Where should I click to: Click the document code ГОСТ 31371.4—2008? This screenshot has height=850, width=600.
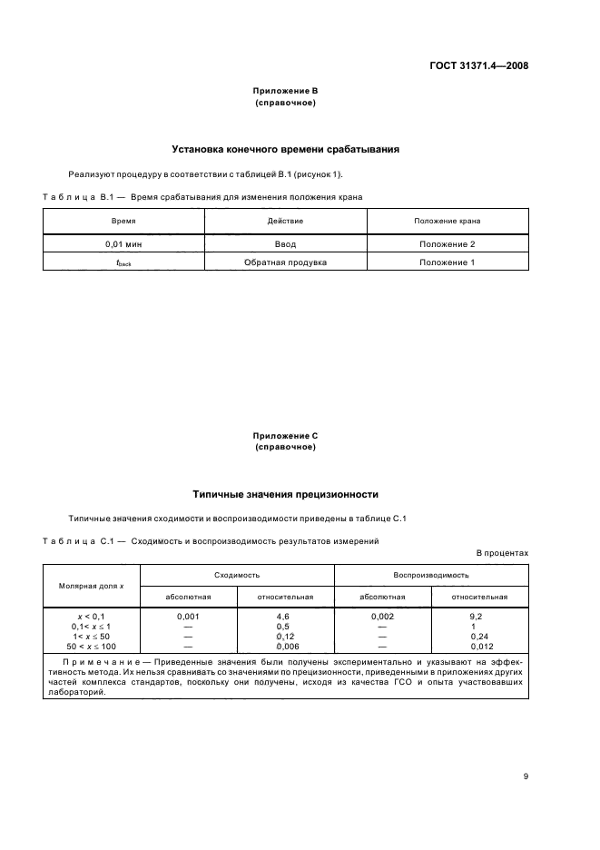(480, 65)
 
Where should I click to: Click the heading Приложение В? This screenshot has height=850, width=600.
(285, 92)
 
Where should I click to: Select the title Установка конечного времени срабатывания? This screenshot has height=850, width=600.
(286, 149)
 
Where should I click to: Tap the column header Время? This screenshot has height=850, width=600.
(123, 221)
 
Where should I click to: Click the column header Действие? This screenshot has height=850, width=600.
(285, 221)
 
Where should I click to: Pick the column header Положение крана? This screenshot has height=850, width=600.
(447, 221)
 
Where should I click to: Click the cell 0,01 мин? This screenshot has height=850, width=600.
(123, 244)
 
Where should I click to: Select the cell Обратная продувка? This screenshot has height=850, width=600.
(285, 262)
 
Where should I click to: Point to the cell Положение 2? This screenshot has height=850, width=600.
(447, 244)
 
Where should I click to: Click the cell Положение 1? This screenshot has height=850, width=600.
(447, 262)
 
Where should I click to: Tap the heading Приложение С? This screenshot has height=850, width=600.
(285, 436)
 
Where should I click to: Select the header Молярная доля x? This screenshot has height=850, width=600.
(92, 586)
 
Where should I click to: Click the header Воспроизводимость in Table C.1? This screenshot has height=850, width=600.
(431, 575)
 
